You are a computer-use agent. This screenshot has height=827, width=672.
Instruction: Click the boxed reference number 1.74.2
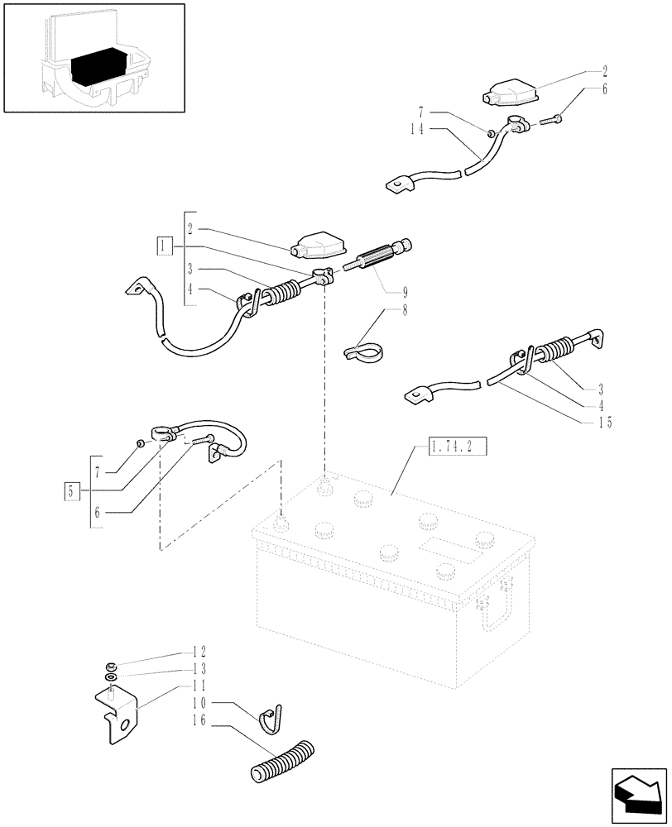[457, 448]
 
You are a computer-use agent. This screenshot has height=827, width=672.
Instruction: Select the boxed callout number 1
[165, 246]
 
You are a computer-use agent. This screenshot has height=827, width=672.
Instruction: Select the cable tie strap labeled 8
[365, 350]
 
